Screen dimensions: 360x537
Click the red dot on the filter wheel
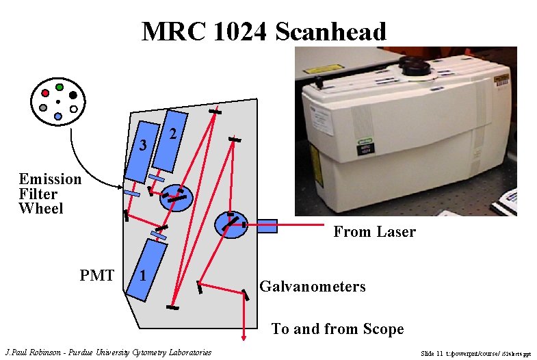45,92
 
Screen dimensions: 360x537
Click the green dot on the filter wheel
60,88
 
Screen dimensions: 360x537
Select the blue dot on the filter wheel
59,117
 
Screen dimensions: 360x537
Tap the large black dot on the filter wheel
73,94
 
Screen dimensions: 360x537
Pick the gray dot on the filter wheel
44,108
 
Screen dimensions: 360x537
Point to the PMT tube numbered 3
142,151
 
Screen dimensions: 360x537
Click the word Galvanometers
312,287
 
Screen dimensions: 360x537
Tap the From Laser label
374,232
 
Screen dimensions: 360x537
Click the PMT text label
96,276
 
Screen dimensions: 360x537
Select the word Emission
50,179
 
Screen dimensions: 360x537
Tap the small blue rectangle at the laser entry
266,225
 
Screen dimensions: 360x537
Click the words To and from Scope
337,329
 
